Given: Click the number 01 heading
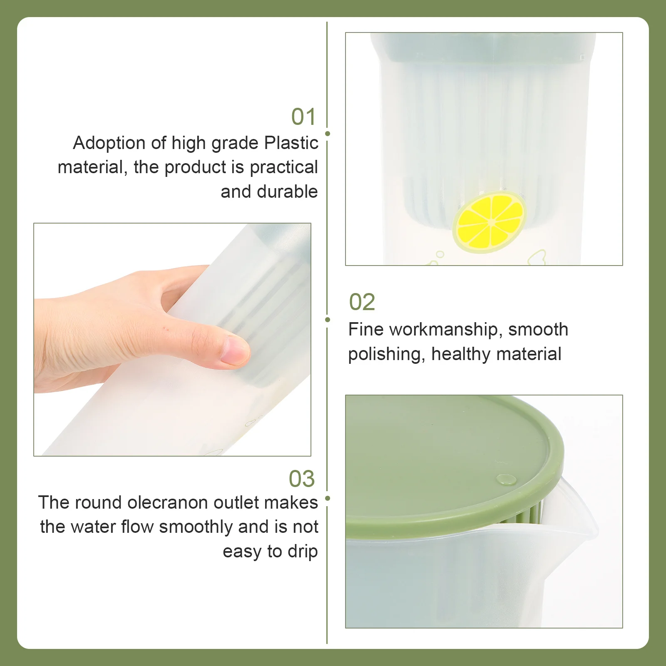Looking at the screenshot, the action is [303, 117].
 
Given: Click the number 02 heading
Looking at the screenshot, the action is [362, 302].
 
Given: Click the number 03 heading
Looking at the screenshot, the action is [302, 479].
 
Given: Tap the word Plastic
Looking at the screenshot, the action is [291, 143].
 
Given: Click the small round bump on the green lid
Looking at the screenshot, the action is [507, 480].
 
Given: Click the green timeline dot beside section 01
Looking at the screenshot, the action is [328, 134].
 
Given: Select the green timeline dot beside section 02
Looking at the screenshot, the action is [328, 320].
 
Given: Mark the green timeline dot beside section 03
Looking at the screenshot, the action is [328, 498].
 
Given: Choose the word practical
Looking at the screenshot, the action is [284, 167].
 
